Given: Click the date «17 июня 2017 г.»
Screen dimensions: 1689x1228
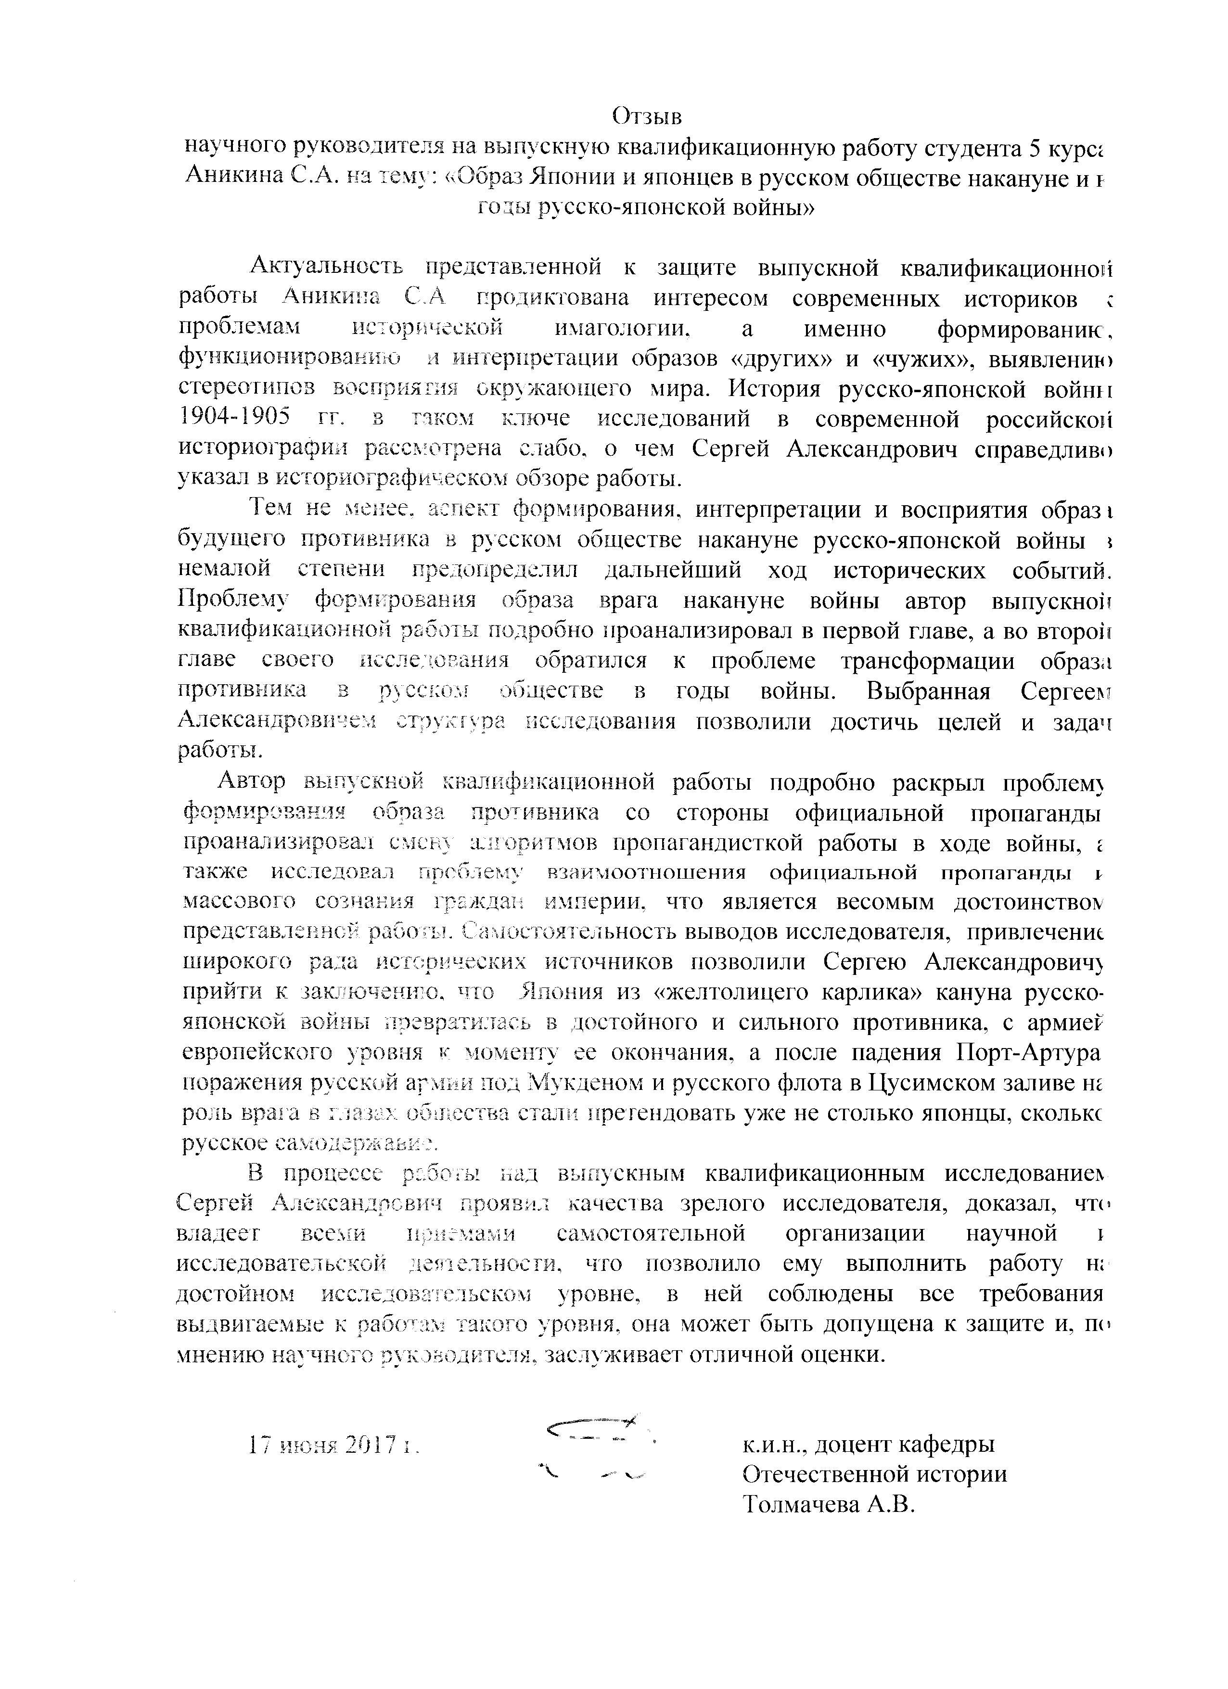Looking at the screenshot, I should (x=334, y=1446).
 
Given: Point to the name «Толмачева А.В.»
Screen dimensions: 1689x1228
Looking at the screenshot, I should (x=827, y=1504).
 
